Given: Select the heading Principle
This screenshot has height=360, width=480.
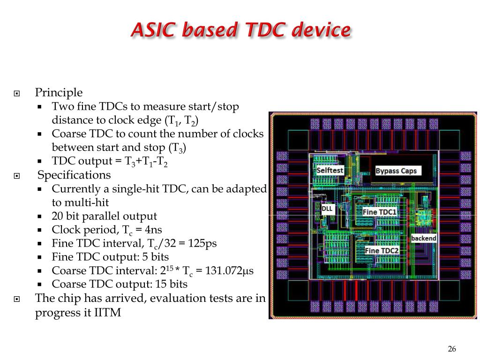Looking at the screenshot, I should point(59,92).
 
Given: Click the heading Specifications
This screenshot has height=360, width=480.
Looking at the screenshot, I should point(74,175).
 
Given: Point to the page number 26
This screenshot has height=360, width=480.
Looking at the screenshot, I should point(452,349).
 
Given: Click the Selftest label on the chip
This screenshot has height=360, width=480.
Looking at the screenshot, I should point(330,171).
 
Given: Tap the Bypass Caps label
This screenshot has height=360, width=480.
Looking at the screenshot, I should point(396,171).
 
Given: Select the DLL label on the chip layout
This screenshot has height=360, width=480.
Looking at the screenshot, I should point(327,209).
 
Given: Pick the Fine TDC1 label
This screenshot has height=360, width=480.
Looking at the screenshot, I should point(380,212).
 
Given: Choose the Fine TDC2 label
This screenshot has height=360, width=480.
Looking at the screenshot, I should point(382,251).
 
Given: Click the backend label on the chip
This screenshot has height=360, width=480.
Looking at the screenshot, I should point(424,239).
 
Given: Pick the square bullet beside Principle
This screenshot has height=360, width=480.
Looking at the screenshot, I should point(17,93).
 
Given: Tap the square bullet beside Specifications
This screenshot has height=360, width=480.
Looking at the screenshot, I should point(17,176).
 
